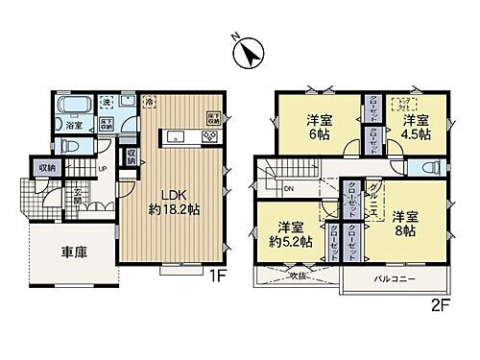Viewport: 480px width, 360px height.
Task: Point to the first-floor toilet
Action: coord(70,146)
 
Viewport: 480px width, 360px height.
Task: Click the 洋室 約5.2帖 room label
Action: coord(289,235)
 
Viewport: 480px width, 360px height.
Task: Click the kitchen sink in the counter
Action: coord(176,138)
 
